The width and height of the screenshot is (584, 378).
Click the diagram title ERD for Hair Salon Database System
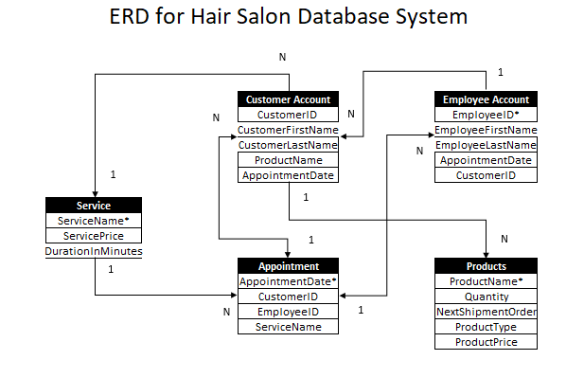tap(288, 18)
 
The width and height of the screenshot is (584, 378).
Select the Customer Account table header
tap(288, 99)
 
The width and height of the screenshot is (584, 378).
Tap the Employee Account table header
tap(486, 99)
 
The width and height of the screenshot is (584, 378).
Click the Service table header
tap(94, 206)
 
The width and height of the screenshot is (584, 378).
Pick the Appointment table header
tap(288, 266)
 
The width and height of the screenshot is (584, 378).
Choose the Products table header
tap(486, 266)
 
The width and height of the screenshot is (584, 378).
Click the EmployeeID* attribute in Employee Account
tap(486, 115)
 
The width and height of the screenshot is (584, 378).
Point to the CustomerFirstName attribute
tap(288, 130)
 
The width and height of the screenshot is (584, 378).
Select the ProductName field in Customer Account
tap(288, 160)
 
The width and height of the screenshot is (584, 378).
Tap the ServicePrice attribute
tap(94, 236)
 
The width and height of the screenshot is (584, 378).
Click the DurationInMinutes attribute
tap(94, 251)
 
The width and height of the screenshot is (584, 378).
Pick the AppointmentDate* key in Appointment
tap(288, 281)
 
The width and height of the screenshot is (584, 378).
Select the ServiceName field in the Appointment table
tap(288, 327)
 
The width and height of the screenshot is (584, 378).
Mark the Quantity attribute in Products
tap(486, 297)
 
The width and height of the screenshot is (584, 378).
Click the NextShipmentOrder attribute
tap(486, 312)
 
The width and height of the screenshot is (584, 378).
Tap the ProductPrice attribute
tap(486, 342)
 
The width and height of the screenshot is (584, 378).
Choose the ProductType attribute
tap(486, 327)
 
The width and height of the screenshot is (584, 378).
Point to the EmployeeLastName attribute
tap(486, 145)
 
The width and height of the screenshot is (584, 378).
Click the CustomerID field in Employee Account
tap(486, 175)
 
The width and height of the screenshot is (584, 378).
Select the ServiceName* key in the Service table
tap(94, 221)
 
